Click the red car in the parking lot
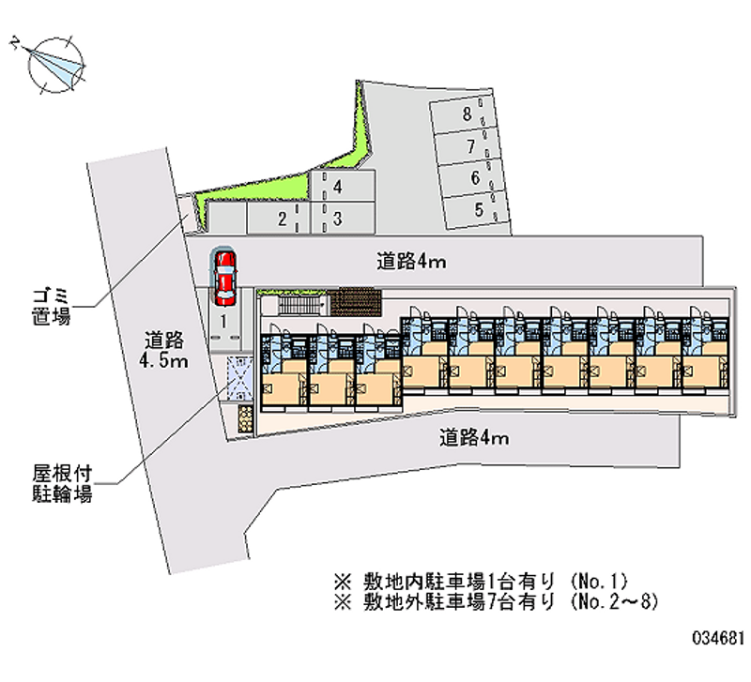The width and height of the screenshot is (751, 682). tap(224, 277)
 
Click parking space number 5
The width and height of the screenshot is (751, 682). tap(480, 209)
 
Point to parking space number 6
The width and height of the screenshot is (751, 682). tap(474, 177)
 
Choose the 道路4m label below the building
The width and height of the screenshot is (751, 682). tap(474, 436)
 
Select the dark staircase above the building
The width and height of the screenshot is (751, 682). tap(356, 302)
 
